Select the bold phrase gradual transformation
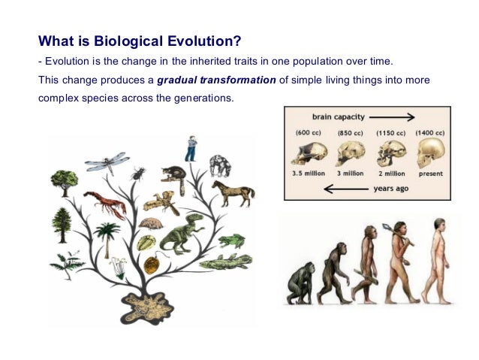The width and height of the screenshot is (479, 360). click(215, 81)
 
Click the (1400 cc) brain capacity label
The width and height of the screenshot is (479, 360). click(431, 133)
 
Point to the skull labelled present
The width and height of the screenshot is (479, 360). click(429, 153)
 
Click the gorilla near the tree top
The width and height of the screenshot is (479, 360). click(219, 166)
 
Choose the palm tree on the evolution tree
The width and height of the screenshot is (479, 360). click(107, 237)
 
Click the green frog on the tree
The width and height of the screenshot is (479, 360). click(232, 241)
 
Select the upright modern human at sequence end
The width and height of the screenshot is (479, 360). click(436, 259)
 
